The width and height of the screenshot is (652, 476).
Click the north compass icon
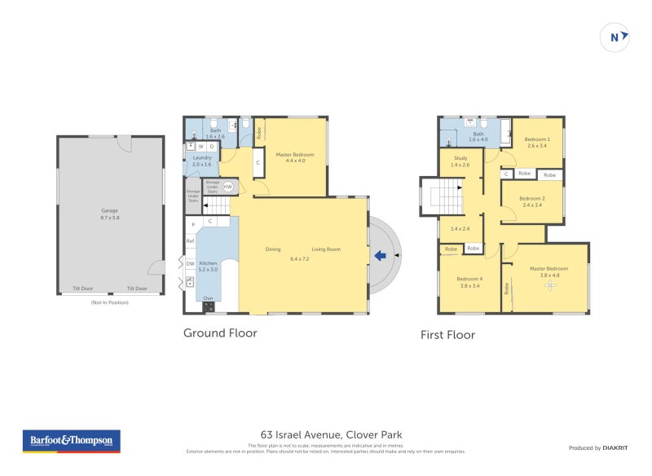pyautogui.click(x=615, y=37)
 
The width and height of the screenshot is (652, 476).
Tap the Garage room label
pyautogui.click(x=109, y=214)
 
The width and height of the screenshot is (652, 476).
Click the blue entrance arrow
pyautogui.click(x=380, y=256)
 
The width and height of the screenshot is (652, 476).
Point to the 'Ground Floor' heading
pyautogui.click(x=220, y=333)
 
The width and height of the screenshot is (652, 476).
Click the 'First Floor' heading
pyautogui.click(x=447, y=334)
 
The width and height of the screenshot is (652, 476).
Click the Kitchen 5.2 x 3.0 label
pyautogui.click(x=209, y=267)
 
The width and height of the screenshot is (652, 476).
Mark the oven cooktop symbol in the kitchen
pyautogui.click(x=208, y=307)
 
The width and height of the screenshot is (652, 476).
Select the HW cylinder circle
pyautogui.click(x=227, y=187)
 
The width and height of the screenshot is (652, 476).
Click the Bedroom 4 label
pyautogui.click(x=469, y=282)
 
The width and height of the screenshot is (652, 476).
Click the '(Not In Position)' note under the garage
pyautogui.click(x=109, y=302)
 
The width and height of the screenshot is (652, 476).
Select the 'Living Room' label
pyautogui.click(x=326, y=249)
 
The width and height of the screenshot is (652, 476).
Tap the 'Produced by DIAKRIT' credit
pyautogui.click(x=597, y=447)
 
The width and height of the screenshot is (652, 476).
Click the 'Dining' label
pyautogui.click(x=274, y=249)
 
